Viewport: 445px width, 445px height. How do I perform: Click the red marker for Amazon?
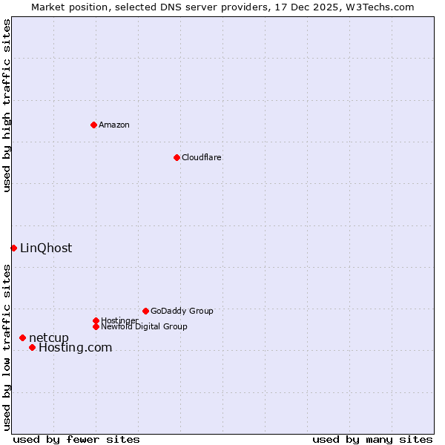93,125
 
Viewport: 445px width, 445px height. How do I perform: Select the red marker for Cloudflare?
177,157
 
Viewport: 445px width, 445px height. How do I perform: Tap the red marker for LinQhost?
13,248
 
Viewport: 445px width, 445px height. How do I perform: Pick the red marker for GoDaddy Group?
145,311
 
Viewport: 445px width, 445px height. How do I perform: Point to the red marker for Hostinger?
96,320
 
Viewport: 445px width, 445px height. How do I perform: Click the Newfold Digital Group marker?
96,326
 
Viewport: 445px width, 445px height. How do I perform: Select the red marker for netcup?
22,338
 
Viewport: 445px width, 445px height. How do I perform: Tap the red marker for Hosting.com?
32,347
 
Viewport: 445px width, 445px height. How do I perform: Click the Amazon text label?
114,125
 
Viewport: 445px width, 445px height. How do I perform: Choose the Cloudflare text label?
202,157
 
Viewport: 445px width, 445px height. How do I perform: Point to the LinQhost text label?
46,248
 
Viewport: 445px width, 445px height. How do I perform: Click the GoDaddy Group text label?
182,311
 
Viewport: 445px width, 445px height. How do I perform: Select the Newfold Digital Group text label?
144,326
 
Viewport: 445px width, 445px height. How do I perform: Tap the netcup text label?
49,338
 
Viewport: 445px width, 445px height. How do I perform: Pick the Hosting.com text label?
75,348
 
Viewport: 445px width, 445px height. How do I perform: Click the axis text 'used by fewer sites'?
76,439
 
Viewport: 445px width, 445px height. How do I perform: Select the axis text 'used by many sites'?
372,439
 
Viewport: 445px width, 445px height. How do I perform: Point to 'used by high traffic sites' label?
7,105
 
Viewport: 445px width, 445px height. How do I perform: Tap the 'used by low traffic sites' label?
7,347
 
